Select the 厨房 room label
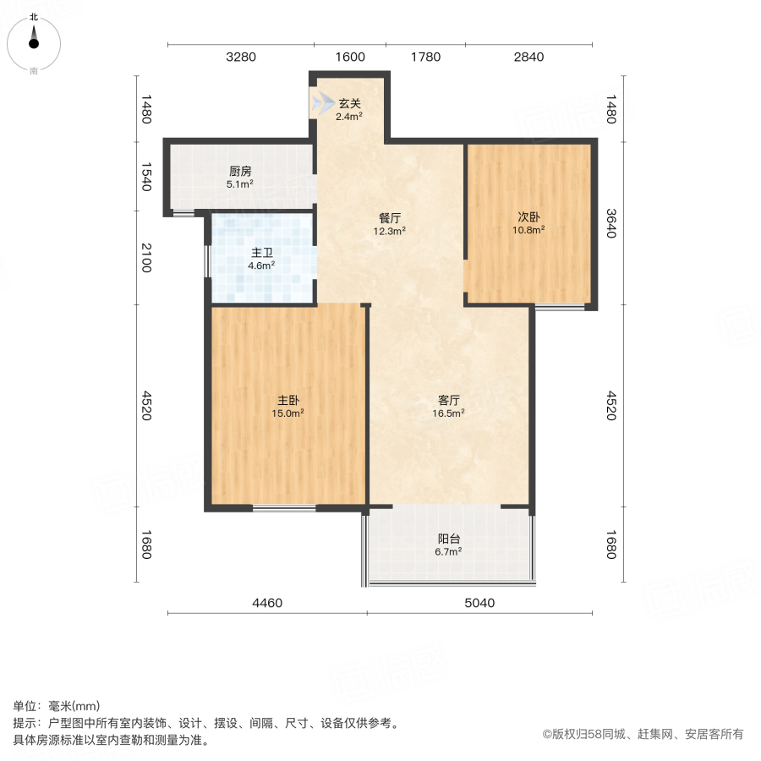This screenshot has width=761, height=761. point(240,170)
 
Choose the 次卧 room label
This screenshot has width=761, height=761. point(530,216)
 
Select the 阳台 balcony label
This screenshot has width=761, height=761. point(448,539)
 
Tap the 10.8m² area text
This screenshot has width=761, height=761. point(530,229)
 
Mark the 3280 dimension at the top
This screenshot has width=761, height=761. point(241,57)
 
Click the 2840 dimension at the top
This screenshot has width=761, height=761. point(528,57)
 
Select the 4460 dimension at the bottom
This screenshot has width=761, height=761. point(268,603)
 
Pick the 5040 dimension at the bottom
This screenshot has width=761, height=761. point(479,603)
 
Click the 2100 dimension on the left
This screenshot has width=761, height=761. point(146,257)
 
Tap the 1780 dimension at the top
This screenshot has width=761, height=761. point(425,57)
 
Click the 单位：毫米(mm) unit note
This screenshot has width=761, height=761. point(57,707)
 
